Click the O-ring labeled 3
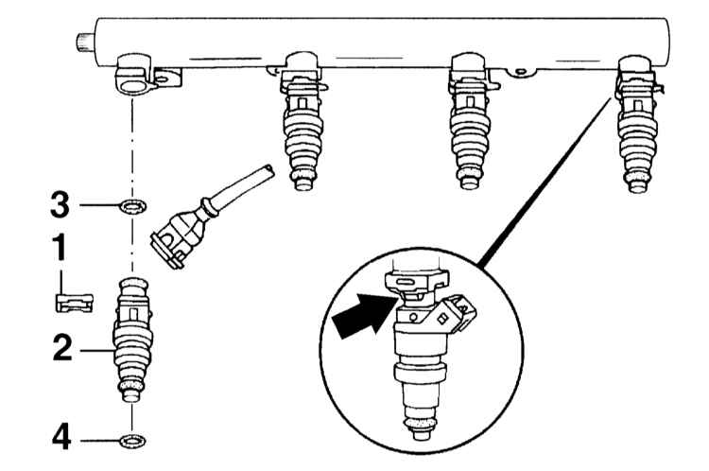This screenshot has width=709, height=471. tap(131, 205)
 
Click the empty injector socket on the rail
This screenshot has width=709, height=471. tap(133, 76)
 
